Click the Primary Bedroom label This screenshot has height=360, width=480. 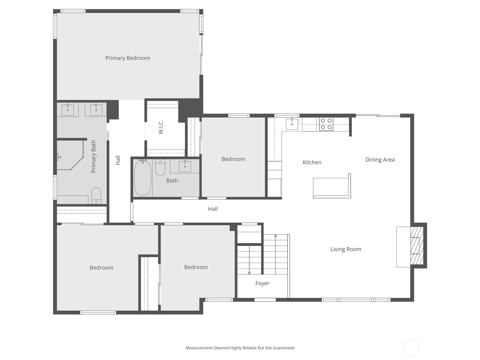127,58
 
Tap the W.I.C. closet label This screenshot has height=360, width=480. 161,127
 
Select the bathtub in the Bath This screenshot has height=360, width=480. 142,178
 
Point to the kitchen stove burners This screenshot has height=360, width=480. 326,124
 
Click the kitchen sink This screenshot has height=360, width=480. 292,124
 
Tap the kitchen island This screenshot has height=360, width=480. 331,187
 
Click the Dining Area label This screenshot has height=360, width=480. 380,160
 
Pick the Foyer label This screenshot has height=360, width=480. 262,283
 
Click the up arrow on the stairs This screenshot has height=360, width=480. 275,236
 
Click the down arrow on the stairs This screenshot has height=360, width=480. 249,272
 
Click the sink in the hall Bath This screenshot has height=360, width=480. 185,166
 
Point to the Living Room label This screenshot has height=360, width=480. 346,249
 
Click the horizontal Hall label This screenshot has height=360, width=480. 213,209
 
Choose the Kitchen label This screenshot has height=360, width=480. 312,163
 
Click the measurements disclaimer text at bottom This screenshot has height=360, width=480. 240,348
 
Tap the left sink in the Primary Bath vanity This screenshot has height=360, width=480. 67,109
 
